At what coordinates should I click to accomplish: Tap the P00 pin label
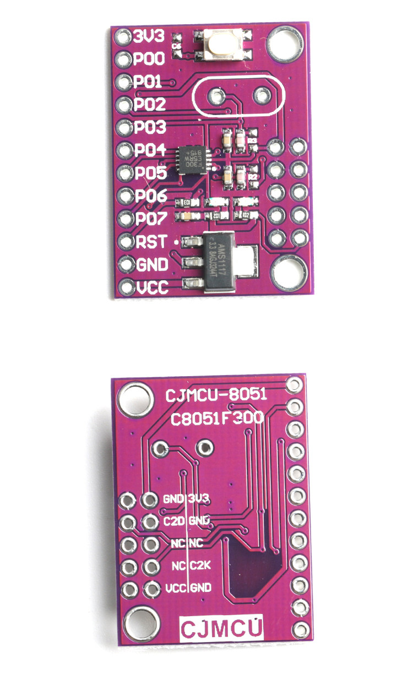click(149, 59)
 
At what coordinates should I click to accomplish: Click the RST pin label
click(149, 242)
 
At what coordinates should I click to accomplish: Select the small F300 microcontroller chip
click(193, 160)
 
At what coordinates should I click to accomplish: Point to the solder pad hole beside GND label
click(126, 265)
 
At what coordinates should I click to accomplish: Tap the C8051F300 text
click(216, 419)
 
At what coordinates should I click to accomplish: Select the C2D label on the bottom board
click(173, 521)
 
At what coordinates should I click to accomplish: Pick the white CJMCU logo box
click(222, 629)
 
